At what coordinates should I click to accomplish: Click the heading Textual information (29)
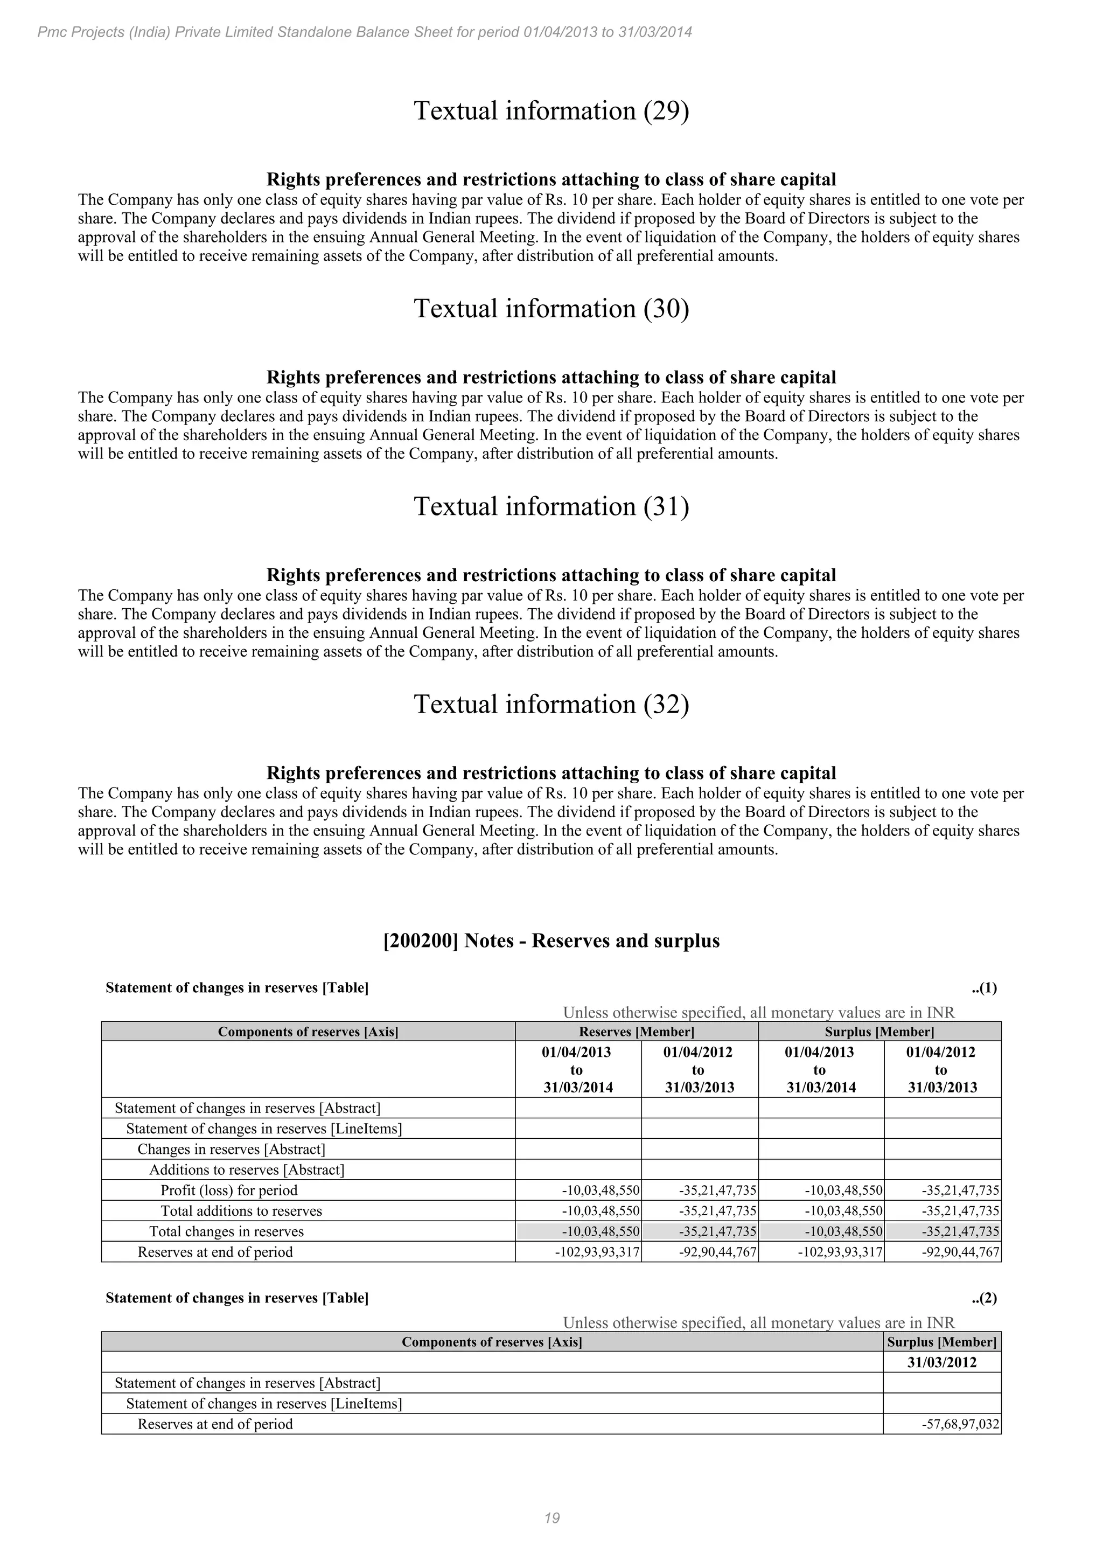pos(551,111)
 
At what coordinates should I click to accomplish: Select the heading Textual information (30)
pos(551,309)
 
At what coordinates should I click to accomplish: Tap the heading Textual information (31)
pos(551,506)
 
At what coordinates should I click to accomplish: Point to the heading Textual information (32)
pos(551,704)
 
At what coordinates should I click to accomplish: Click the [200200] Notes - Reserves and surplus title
pos(551,941)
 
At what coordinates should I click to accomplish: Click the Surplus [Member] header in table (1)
pos(879,1032)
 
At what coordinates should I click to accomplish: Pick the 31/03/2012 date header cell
pos(941,1362)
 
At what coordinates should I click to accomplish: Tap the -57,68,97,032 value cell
pos(960,1424)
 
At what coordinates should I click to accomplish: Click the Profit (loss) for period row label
pos(229,1190)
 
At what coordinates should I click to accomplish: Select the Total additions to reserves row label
pos(241,1211)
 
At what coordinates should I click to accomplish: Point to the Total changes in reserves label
pos(226,1231)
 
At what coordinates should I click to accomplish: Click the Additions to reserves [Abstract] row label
pos(247,1169)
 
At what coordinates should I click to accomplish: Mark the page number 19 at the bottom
pos(551,1518)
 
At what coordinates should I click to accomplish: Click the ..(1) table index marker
pos(983,988)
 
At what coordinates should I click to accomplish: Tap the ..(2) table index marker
pos(983,1298)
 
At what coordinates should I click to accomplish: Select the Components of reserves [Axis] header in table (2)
pos(492,1341)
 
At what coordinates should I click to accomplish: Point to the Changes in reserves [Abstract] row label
pos(231,1149)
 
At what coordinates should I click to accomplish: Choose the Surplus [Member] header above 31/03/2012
pos(941,1341)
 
